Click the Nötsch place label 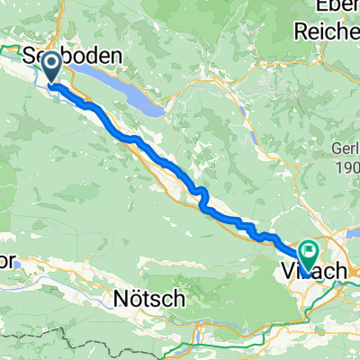click(148, 297)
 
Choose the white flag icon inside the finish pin click(309, 252)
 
